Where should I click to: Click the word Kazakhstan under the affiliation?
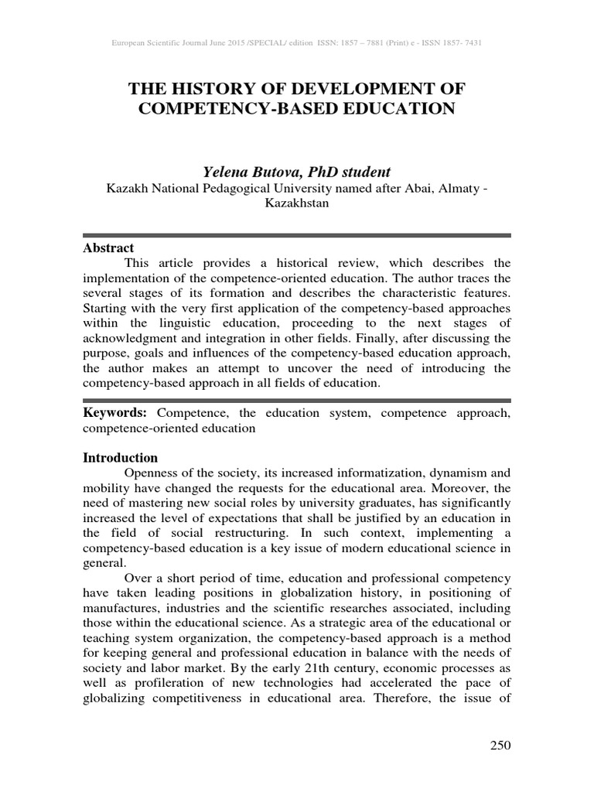296,203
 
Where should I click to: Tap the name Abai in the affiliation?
418,188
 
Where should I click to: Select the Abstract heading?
108,248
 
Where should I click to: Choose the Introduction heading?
120,457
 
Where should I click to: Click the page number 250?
500,746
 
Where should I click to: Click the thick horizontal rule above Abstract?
296,234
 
